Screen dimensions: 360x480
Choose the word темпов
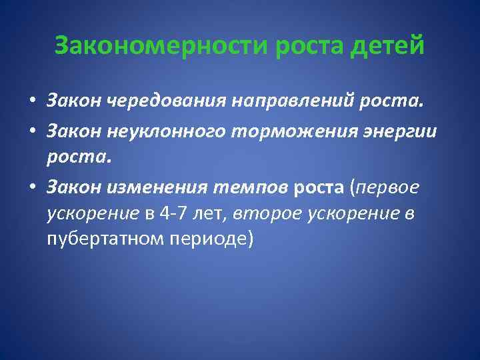click(247, 188)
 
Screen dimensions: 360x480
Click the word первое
click(389, 188)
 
